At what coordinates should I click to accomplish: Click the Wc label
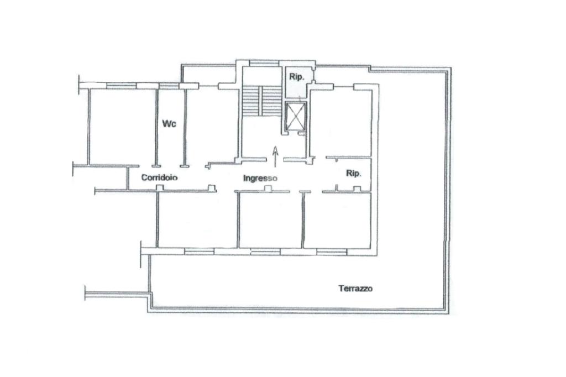pyautogui.click(x=169, y=123)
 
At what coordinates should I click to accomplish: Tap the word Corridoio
pyautogui.click(x=159, y=177)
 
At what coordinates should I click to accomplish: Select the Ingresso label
pyautogui.click(x=260, y=178)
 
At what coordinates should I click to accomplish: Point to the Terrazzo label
pyautogui.click(x=355, y=289)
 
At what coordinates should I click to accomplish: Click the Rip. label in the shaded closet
pyautogui.click(x=297, y=77)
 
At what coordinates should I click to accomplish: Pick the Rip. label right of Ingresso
pyautogui.click(x=353, y=174)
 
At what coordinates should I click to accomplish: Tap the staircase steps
pyautogui.click(x=261, y=101)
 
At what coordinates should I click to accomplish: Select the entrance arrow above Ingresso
pyautogui.click(x=275, y=157)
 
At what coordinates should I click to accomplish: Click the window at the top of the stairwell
pyautogui.click(x=264, y=63)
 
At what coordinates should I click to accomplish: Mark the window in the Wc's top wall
pyautogui.click(x=169, y=86)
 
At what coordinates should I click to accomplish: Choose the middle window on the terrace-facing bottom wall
pyautogui.click(x=265, y=252)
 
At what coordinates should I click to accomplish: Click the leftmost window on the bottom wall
pyautogui.click(x=199, y=252)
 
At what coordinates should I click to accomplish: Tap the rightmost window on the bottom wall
pyautogui.click(x=332, y=252)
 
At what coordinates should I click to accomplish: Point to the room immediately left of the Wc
pyautogui.click(x=123, y=127)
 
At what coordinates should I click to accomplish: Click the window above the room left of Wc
pyautogui.click(x=121, y=86)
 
